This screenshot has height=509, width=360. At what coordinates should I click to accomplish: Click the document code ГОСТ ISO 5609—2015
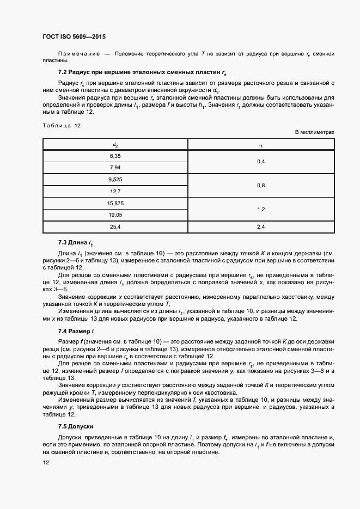[74, 37]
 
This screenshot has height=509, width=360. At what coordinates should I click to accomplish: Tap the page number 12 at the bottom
[46, 463]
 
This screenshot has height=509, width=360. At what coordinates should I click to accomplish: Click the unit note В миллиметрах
[314, 132]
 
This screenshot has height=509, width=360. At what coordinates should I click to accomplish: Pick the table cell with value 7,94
[115, 167]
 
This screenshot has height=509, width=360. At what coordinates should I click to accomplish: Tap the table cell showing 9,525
[115, 179]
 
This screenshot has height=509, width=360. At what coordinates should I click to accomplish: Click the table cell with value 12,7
[115, 191]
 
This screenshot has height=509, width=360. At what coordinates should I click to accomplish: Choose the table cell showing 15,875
[115, 203]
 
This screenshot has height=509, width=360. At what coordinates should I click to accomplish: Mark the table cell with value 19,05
[115, 215]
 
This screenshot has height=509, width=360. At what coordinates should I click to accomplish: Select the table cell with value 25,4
[115, 227]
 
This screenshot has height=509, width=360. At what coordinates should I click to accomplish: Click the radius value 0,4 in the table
[261, 161]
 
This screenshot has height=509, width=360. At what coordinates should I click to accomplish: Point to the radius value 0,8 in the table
[261, 185]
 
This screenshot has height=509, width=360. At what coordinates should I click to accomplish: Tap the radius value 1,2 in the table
[261, 209]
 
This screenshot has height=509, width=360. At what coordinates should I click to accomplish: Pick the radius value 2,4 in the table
[261, 227]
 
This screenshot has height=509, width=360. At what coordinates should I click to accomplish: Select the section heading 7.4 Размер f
[77, 331]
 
